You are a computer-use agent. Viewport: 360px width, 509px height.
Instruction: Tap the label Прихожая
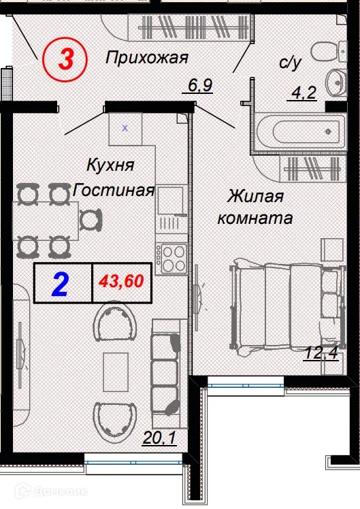146,59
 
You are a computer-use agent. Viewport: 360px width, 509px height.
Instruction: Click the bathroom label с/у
289,63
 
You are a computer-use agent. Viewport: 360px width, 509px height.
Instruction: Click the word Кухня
110,165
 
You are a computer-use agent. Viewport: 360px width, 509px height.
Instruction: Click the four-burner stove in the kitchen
171,257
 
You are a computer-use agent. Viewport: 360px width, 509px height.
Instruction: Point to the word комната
255,219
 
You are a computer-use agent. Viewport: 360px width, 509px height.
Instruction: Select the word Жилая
255,197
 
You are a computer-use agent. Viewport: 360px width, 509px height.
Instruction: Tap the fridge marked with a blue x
125,127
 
